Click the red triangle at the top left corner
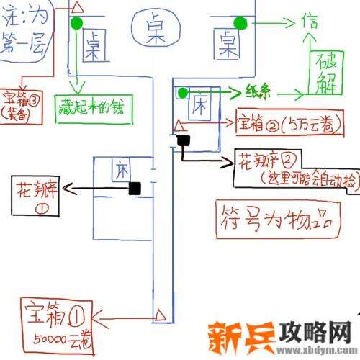[x=78, y=7]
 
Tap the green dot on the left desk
[x=77, y=24]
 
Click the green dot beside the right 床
[x=183, y=92]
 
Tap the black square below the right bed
[x=184, y=141]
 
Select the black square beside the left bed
[x=134, y=188]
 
